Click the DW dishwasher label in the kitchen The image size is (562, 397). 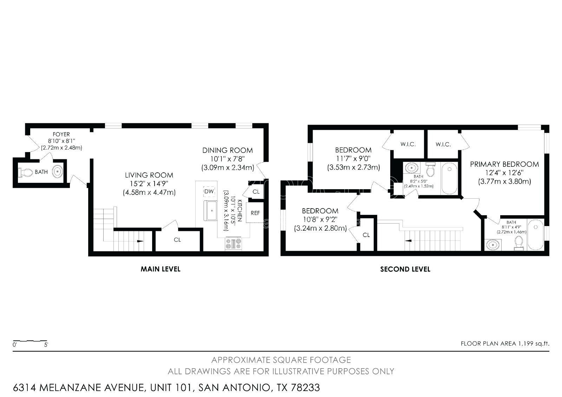tap(209, 191)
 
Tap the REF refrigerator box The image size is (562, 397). tap(255, 213)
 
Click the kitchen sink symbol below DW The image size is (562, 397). tap(212, 211)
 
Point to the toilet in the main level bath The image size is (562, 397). tap(26, 172)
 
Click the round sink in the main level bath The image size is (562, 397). tap(58, 172)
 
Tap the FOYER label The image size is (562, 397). tap(61, 134)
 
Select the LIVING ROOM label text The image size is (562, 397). tap(149, 175)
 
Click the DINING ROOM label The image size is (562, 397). tap(227, 150)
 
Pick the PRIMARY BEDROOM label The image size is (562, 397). tap(504, 164)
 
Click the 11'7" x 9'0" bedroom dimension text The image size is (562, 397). tap(353, 158)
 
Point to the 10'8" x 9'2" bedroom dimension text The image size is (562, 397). tap(320, 219)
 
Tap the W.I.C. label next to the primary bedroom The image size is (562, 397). tap(443, 144)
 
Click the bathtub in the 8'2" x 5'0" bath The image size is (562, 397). tap(449, 178)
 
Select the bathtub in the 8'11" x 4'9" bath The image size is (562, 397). tap(535, 235)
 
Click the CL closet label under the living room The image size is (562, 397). tap(177, 240)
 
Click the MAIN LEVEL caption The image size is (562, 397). tap(161, 269)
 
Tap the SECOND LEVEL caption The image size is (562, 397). tap(405, 269)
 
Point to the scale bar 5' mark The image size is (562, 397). tap(46, 345)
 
